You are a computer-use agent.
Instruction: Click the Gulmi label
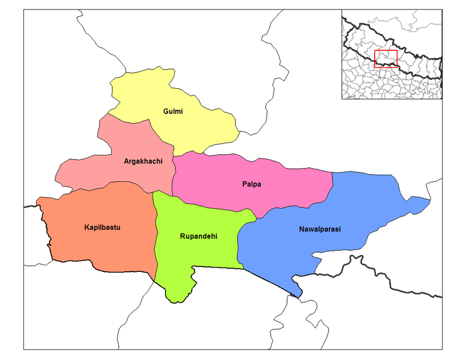click(173, 112)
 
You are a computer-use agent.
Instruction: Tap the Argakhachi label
click(143, 161)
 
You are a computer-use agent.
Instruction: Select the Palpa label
click(251, 184)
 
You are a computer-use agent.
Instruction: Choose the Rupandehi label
click(198, 236)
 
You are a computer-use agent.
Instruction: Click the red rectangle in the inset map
click(386, 59)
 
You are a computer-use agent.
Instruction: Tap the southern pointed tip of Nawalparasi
click(299, 295)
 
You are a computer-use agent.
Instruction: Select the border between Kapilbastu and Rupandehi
click(156, 240)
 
